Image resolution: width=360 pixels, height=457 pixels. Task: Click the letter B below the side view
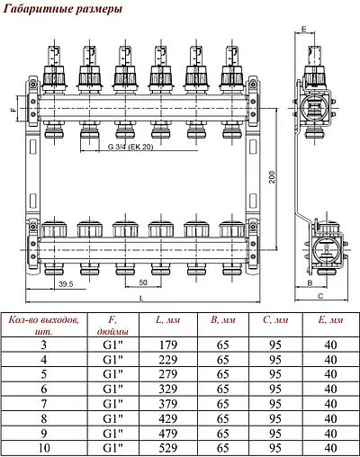(x=309, y=282)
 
